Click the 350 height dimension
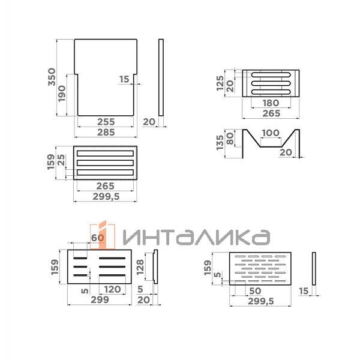click(52, 78)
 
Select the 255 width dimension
click(106, 122)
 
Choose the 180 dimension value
click(271, 103)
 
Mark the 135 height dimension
click(220, 142)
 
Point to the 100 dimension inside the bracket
click(271, 133)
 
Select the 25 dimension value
click(61, 161)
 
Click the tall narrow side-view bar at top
click(161, 78)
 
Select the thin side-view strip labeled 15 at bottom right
click(314, 269)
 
